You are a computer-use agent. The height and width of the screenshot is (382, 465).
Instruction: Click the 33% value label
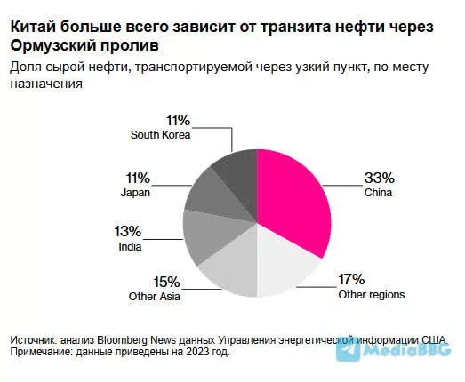pos(377,177)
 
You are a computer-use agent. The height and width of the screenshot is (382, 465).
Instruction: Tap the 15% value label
pos(166,283)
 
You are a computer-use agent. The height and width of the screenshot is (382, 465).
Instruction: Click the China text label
pos(379,192)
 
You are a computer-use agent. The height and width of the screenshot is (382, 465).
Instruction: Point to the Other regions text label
pos(372,294)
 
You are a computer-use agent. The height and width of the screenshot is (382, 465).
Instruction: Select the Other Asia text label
pos(155,298)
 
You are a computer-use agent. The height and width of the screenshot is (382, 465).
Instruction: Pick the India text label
pos(130,247)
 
